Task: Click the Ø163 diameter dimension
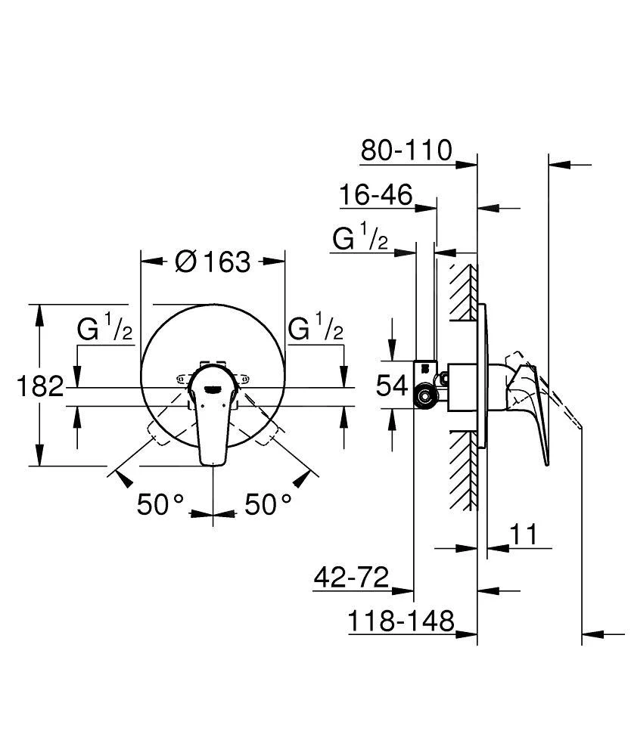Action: point(212,262)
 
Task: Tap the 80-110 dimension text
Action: point(406,150)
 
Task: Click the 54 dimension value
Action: point(392,386)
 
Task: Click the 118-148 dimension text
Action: point(401,621)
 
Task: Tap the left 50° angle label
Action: point(161,504)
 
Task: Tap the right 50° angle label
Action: point(268,504)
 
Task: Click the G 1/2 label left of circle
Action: point(105,329)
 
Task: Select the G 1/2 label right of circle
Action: point(316,329)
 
